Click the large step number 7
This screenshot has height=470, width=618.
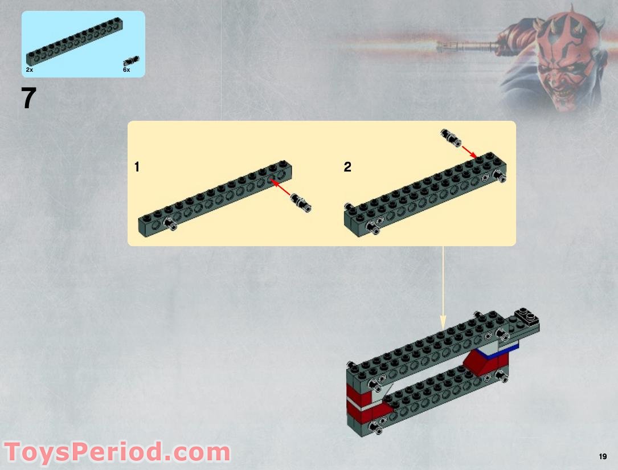pyautogui.click(x=28, y=99)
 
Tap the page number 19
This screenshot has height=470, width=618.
pyautogui.click(x=603, y=456)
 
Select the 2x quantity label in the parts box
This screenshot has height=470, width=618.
pyautogui.click(x=30, y=70)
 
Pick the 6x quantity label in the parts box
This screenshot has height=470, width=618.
pyautogui.click(x=126, y=70)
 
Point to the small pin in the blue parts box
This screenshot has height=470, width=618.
pyautogui.click(x=132, y=60)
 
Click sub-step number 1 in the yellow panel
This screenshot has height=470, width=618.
pyautogui.click(x=137, y=167)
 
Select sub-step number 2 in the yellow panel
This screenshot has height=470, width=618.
pyautogui.click(x=347, y=167)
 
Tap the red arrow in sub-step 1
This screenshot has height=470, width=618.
pyautogui.click(x=280, y=187)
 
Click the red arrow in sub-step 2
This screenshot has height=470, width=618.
pyautogui.click(x=469, y=151)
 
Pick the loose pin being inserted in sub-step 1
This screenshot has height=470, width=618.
pyautogui.click(x=301, y=202)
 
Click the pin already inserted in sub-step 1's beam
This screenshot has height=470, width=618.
pyautogui.click(x=170, y=224)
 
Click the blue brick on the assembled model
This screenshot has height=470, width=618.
pyautogui.click(x=510, y=349)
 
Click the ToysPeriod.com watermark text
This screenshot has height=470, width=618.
pyautogui.click(x=116, y=453)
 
